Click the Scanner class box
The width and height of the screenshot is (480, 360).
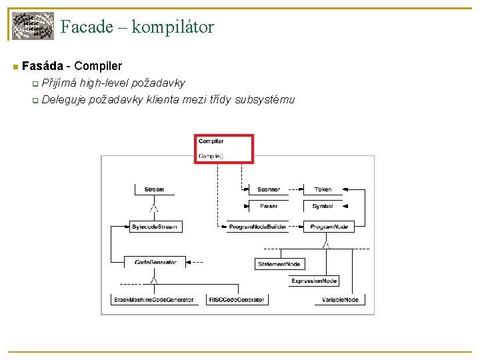pos(269,190)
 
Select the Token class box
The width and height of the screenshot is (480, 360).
pos(323,190)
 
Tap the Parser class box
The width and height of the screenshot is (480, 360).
pos(269,207)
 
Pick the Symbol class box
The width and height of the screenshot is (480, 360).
pos(323,207)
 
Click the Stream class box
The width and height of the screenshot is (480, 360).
pos(154,190)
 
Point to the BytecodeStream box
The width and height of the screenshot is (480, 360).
pos(154,227)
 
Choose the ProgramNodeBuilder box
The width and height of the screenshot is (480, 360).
pos(257,227)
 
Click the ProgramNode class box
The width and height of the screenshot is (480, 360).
pos(329,227)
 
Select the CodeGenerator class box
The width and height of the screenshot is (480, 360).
pos(155,263)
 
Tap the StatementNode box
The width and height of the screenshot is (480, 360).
pos(279,265)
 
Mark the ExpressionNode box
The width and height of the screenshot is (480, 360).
pos(313,281)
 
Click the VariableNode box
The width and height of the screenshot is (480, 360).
pos(339,300)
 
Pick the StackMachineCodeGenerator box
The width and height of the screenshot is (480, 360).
pos(154,300)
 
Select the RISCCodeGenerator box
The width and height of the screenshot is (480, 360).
pos(237,300)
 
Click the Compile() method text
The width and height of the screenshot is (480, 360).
pos(211,156)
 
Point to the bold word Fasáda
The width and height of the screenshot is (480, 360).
pos(42,66)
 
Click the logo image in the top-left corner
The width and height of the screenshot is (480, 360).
pos(33,26)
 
